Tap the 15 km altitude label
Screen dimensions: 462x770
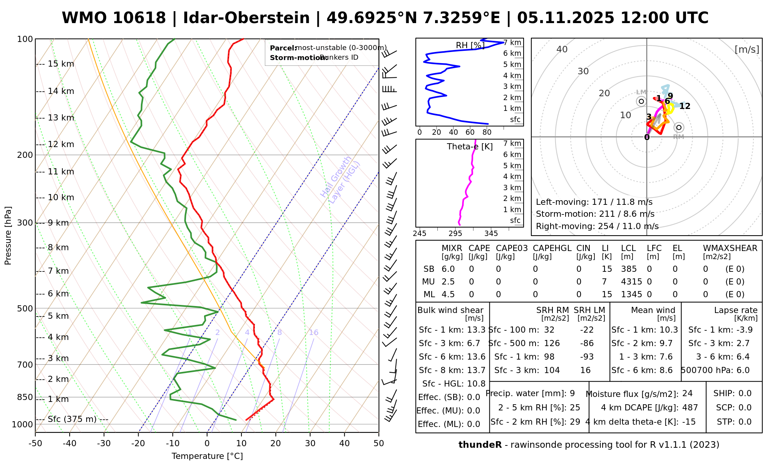(x=61, y=64)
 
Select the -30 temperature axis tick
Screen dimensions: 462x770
(x=104, y=444)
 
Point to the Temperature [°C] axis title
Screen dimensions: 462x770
(x=207, y=456)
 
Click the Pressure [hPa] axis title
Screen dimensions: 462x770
(x=8, y=236)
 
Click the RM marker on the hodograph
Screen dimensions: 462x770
(x=679, y=127)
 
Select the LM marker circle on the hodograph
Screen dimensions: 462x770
(x=641, y=101)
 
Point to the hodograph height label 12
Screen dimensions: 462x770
(x=685, y=106)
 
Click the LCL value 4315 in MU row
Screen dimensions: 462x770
(x=631, y=282)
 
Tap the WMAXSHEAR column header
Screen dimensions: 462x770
(x=730, y=248)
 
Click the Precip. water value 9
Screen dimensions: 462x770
(x=572, y=393)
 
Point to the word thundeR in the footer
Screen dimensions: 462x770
(x=480, y=445)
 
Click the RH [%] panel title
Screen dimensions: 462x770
(x=470, y=45)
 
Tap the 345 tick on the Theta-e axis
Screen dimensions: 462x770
(x=491, y=234)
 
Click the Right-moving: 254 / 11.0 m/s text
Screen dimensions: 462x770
(x=597, y=226)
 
